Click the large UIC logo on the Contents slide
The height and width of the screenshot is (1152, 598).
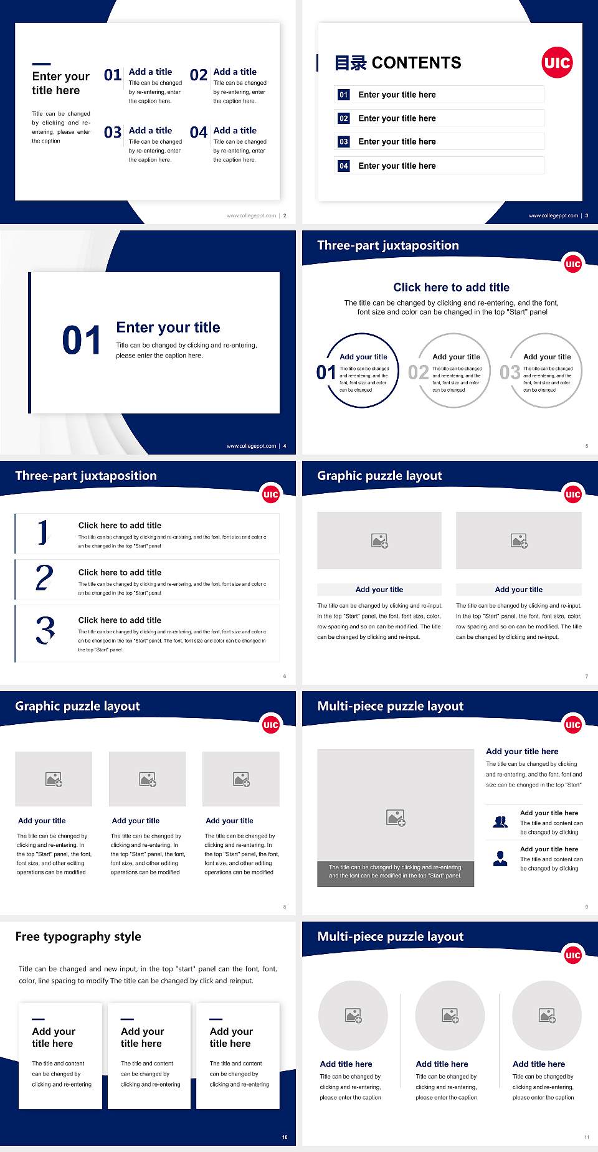pos(556,63)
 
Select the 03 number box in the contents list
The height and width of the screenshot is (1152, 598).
pos(344,142)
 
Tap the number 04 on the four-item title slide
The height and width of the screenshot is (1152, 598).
pos(199,133)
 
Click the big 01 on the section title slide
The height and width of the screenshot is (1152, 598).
pos(82,341)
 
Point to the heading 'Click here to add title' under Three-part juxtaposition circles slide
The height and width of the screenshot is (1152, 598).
pos(451,287)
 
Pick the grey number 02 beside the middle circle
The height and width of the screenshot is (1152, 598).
pos(418,372)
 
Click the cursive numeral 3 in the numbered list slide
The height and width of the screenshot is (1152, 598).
pos(45,630)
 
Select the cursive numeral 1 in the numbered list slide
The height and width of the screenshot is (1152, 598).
pos(42,532)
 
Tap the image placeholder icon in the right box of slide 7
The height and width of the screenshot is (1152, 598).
pos(519,541)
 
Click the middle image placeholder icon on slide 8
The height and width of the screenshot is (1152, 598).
pos(148,779)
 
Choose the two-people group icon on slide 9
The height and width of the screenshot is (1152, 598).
pos(500,822)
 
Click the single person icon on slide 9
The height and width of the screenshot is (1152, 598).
pos(500,859)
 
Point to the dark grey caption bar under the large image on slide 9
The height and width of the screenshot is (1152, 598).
pos(396,871)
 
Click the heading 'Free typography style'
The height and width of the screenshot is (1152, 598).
pos(78,937)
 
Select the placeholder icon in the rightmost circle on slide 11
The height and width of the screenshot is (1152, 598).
pos(547,1016)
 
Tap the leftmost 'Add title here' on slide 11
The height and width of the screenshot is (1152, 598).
pos(346,1064)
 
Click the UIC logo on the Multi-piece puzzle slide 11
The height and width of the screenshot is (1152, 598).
pos(572,955)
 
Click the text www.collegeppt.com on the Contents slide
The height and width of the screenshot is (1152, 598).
pos(553,215)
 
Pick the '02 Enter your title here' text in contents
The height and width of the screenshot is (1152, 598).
pos(397,118)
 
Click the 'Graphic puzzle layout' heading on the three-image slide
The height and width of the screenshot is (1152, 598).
pos(77,706)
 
